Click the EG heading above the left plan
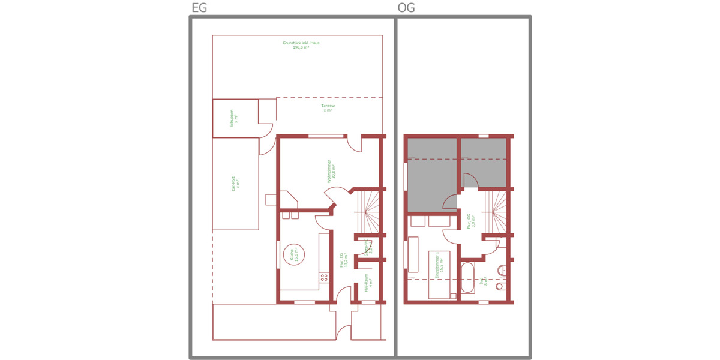coord(199,8)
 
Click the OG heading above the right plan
coord(406,8)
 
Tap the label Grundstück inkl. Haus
coord(301,45)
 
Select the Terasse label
coord(328,107)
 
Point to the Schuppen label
coord(235,117)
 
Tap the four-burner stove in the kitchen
coord(324,277)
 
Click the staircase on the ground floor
coord(367,209)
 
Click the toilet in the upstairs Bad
coord(500,287)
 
